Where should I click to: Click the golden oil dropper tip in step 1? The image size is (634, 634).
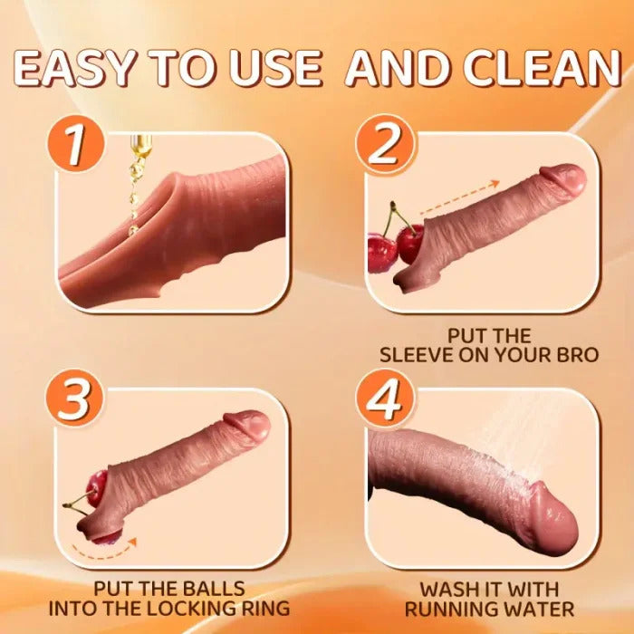coord(140,145)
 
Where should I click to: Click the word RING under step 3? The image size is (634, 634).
coord(271,608)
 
